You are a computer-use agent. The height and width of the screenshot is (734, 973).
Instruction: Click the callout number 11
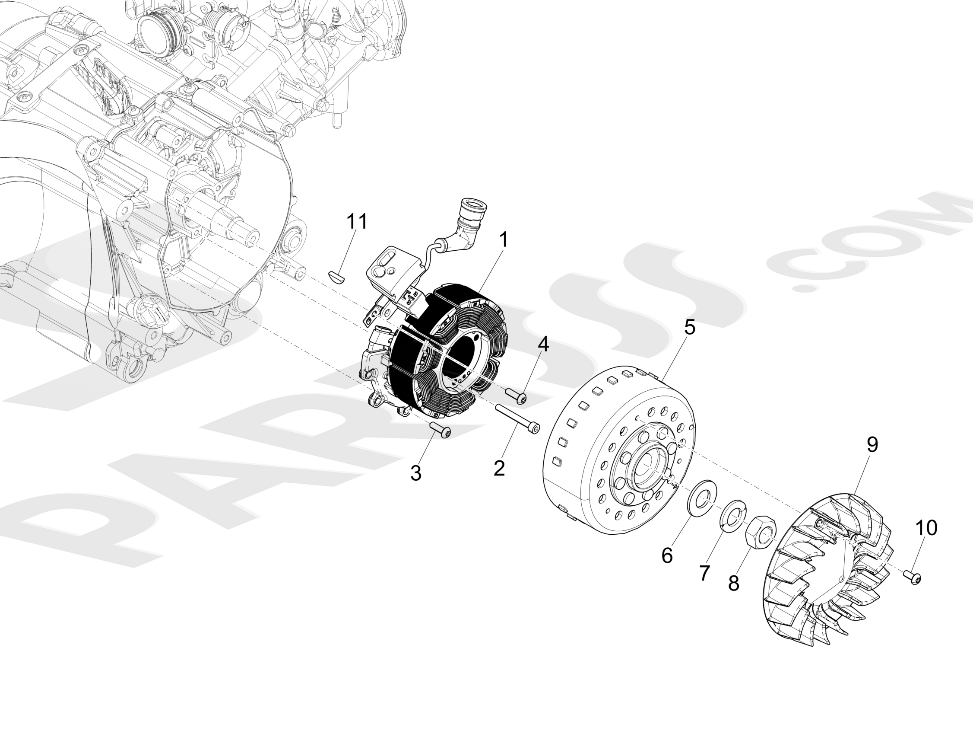(x=357, y=221)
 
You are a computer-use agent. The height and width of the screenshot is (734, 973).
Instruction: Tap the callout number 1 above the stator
(x=504, y=240)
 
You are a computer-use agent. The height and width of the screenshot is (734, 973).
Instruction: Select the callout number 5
(x=689, y=327)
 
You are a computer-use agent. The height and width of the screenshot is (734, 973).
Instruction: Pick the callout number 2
(x=499, y=468)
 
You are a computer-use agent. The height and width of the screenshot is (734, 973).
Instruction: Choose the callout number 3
(x=416, y=473)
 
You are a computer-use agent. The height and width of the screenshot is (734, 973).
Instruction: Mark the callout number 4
(x=543, y=344)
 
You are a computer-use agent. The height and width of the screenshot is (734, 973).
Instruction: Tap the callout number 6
(x=667, y=555)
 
